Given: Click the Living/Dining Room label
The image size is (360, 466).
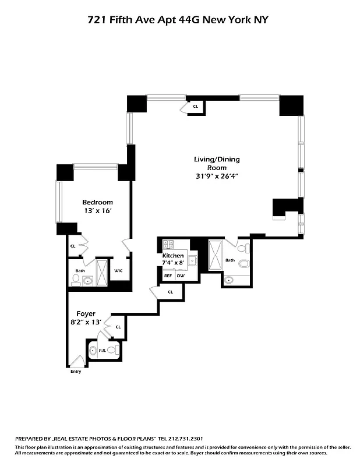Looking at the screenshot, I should coord(217,163).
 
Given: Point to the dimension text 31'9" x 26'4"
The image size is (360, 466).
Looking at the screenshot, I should coord(217,176).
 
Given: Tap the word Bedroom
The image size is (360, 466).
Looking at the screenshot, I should coord(97,202).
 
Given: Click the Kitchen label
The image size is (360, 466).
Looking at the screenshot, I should coord(173,256).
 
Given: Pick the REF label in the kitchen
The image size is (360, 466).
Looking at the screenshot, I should coord(168,276).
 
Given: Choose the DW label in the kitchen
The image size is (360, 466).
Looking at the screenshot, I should coord(180,276).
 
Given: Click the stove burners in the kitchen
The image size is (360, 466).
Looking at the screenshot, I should coord(168,245).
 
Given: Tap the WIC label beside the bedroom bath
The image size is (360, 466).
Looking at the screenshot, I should coord(118,270).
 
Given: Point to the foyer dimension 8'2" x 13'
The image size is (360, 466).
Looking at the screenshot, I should coord(86,322).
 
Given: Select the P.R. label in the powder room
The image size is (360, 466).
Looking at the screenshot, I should coord(102,351).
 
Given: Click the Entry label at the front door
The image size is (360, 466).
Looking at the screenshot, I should coord(76,372).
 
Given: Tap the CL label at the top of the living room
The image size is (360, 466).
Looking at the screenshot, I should coord(195,106).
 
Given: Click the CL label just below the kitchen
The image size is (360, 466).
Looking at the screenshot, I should coord(171,292).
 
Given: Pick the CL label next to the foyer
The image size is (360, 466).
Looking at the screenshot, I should coord(118,327).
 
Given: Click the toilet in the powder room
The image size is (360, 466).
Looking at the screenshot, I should coord(92,351).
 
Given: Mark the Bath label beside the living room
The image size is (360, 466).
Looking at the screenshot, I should coord(230,260).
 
